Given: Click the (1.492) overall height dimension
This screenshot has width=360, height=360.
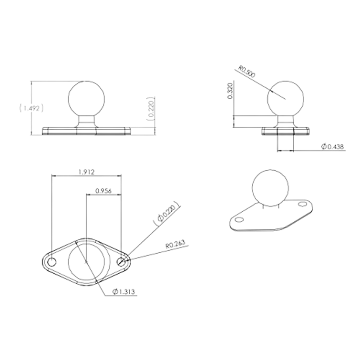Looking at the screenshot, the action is coord(31,108).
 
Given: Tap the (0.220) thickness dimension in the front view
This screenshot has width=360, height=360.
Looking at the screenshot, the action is coord(151,109).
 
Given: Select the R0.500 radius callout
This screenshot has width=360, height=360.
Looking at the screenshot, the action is coord(247,72).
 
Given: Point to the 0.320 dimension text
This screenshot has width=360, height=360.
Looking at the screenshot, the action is coord(230,91).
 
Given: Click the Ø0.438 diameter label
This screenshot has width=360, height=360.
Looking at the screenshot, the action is coord(333,146).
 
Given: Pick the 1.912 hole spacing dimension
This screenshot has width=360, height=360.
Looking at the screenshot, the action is coord(86,172).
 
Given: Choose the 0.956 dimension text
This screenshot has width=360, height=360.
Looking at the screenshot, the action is coord(103,191).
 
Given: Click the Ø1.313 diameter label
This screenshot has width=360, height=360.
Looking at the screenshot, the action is coord(123,292).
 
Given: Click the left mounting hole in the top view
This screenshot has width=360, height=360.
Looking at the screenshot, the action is coord(51,262).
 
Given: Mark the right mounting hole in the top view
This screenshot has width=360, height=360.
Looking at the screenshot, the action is coord(121,262).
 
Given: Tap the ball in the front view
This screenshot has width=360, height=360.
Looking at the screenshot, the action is coord(86,99).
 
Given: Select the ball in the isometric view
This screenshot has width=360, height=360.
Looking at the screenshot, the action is coord(270,188).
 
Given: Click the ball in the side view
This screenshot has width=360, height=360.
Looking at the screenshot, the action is coord(286,99).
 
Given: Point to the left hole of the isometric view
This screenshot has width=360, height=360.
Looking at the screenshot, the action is coord(239,220).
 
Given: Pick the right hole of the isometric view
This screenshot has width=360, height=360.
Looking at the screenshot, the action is coord(302,204).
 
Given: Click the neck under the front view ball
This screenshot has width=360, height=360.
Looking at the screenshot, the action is coord(86,121).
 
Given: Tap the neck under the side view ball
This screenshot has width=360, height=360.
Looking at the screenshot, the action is coord(286,121).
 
